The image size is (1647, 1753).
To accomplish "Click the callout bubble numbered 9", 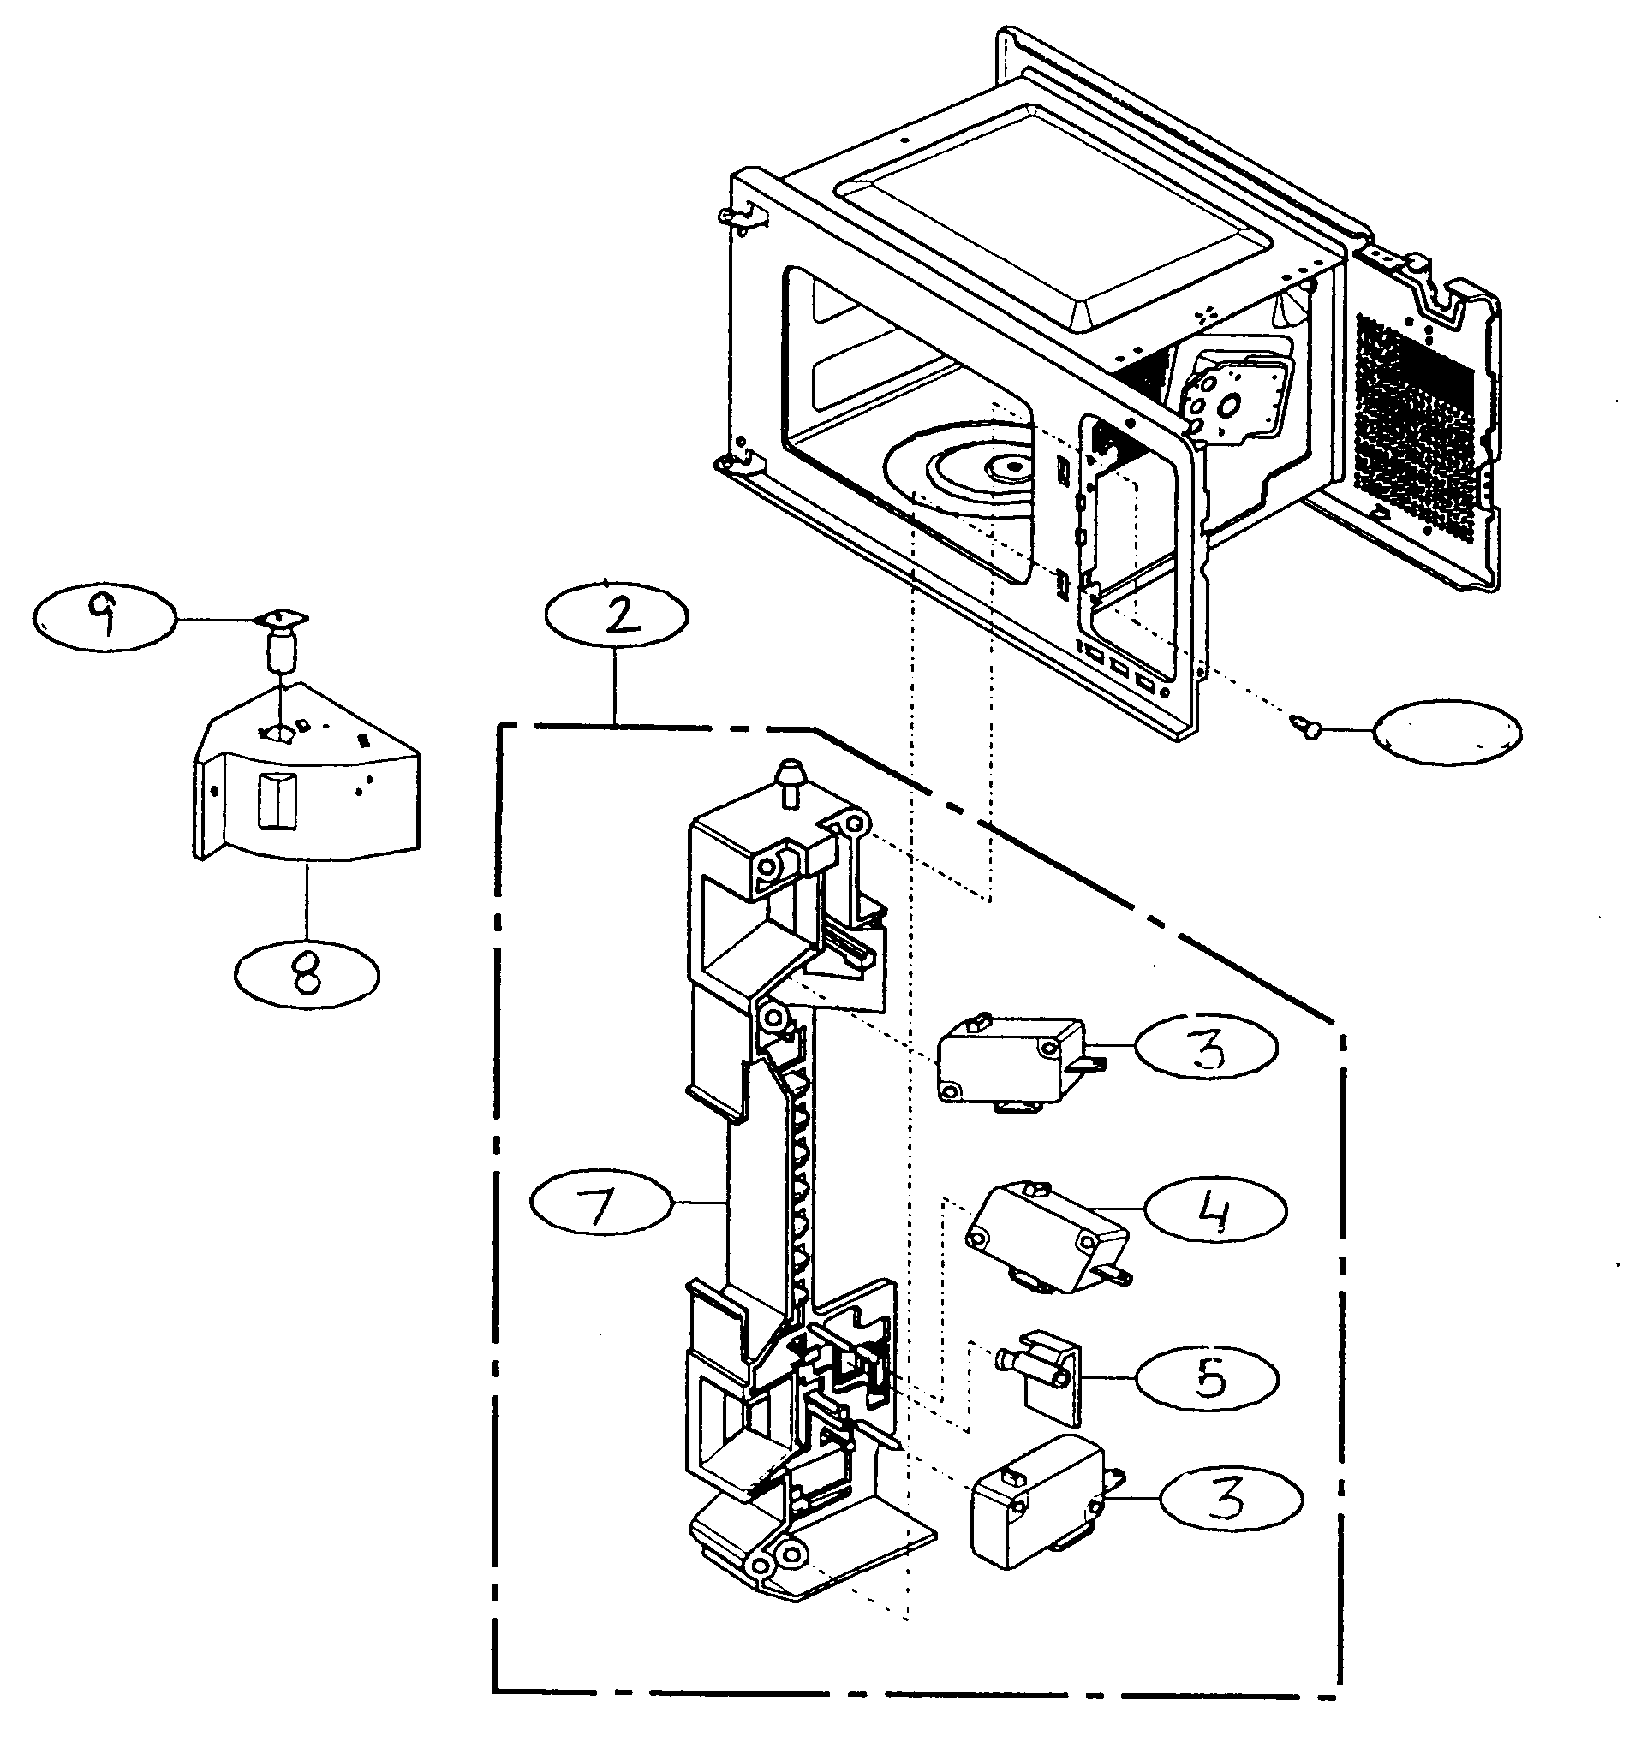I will pyautogui.click(x=104, y=620).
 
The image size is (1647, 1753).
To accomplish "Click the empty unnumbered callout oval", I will pyautogui.click(x=1447, y=731).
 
